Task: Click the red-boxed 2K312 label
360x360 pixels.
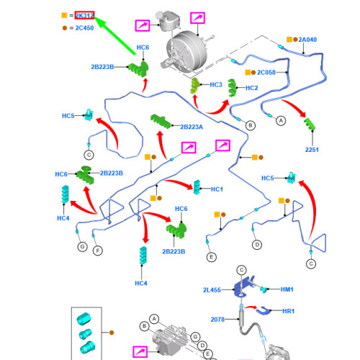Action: point(84,16)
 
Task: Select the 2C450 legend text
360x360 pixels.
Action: point(84,28)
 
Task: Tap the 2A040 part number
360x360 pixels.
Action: point(307,40)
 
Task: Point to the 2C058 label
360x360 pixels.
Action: point(266,72)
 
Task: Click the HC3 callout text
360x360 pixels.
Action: point(216,85)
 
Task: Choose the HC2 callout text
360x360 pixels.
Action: point(251,88)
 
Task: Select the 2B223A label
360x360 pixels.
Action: point(192,127)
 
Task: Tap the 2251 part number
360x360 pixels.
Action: point(312,150)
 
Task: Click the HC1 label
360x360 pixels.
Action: point(217,189)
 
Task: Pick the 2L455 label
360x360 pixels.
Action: point(212,290)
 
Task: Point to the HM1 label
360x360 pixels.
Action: point(287,289)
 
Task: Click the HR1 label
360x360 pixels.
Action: point(288,311)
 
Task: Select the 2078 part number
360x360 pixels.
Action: point(217,320)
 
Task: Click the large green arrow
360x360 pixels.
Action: point(114,35)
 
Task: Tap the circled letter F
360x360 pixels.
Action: point(98,251)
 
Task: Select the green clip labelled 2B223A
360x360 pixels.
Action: point(161,121)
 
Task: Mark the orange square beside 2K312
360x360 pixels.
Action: point(64,15)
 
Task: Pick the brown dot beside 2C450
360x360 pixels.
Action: point(65,28)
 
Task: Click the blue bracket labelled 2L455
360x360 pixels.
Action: point(243,287)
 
